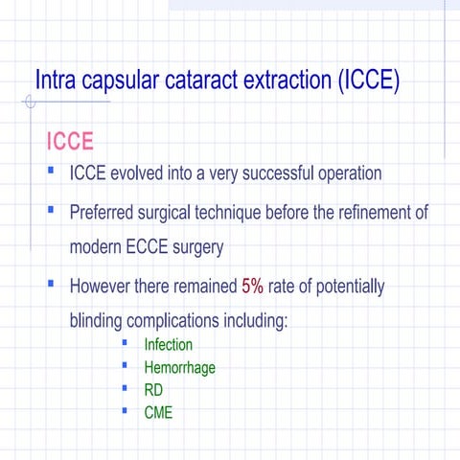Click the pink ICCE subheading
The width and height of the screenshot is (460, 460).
(70, 142)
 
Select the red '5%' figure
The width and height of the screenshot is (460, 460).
(253, 286)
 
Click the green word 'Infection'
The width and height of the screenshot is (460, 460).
(168, 344)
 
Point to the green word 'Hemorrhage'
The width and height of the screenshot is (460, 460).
(179, 367)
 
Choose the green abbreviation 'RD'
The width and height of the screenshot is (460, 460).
(153, 389)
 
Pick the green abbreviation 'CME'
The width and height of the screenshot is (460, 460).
(158, 412)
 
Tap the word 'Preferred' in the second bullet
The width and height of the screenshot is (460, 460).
(104, 211)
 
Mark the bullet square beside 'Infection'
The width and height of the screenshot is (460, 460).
(125, 343)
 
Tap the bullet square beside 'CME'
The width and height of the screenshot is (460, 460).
(125, 411)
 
